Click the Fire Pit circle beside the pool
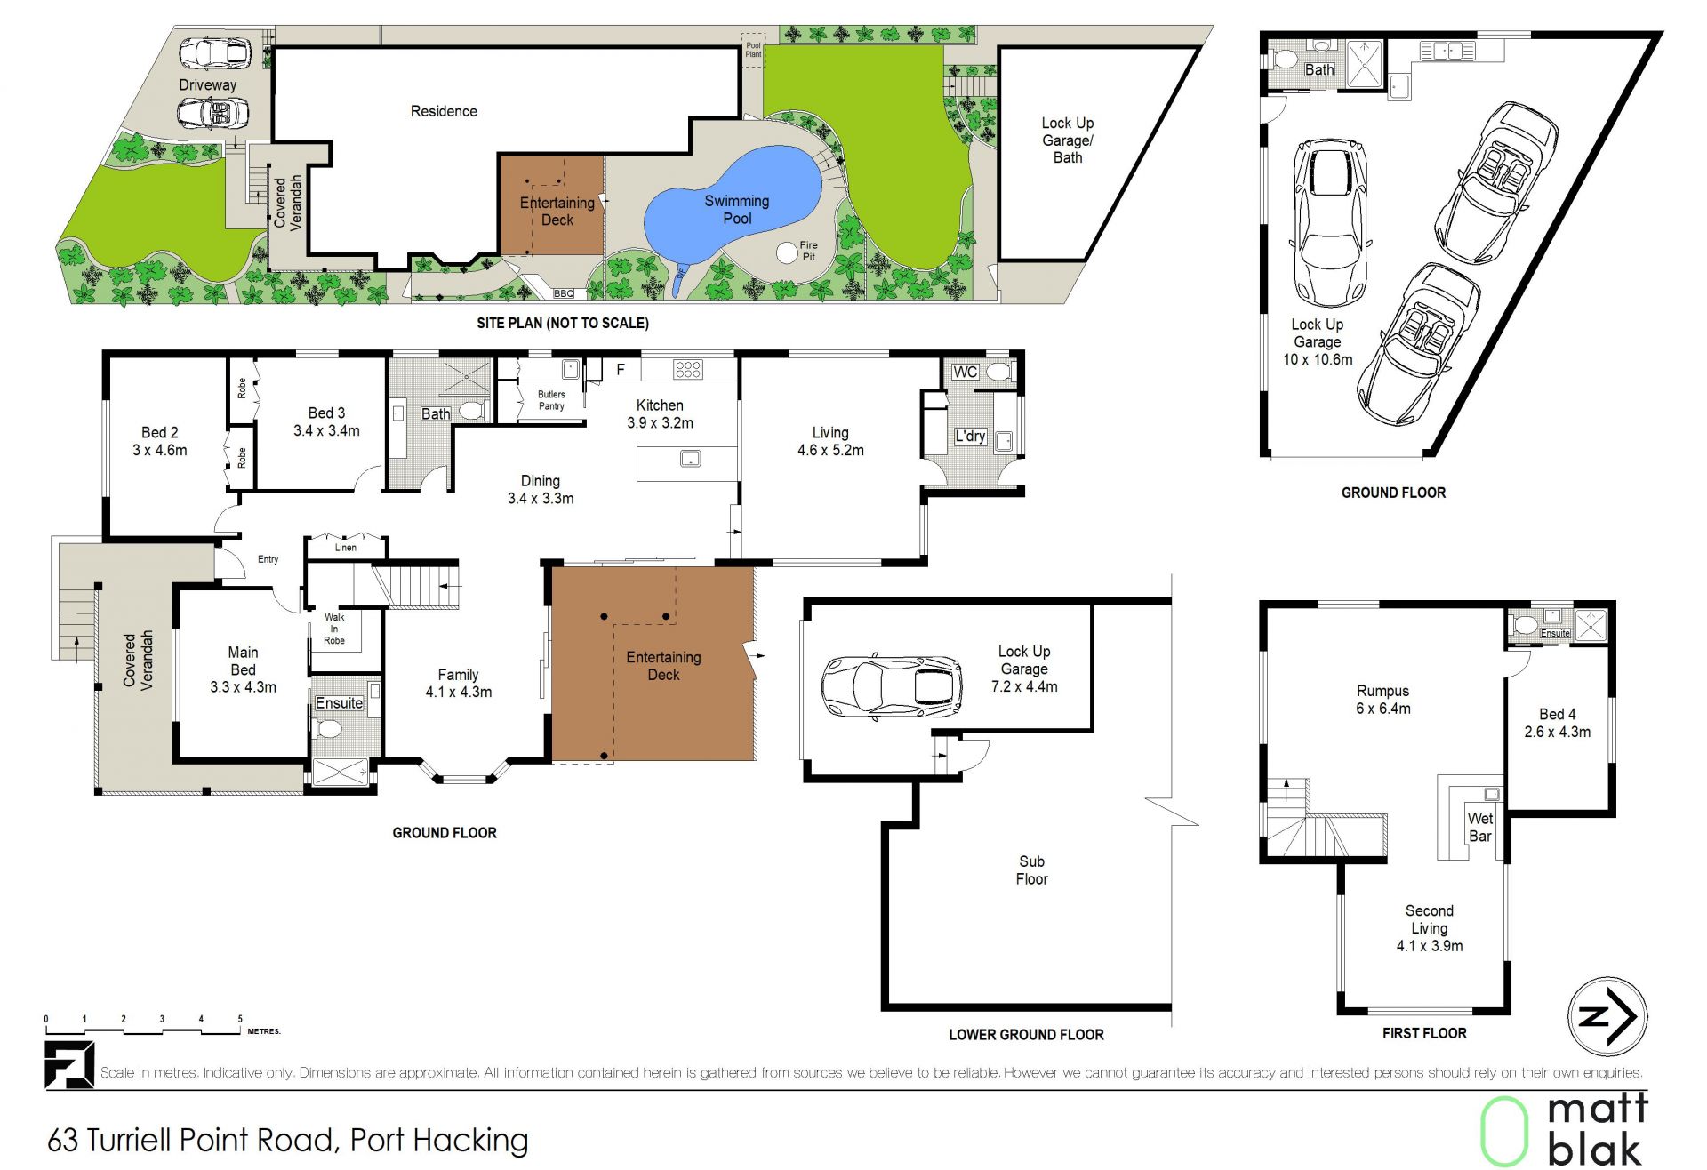(x=787, y=252)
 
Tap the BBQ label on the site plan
(x=564, y=293)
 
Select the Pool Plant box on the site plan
(x=753, y=50)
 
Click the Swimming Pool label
(x=737, y=210)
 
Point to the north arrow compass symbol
(x=1607, y=1016)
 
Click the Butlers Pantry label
(x=551, y=400)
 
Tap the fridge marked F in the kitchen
(x=621, y=369)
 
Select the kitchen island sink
(x=691, y=459)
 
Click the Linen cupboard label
(x=346, y=548)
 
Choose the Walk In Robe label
(x=334, y=629)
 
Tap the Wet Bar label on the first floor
(x=1480, y=827)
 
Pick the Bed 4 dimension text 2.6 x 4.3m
(x=1558, y=732)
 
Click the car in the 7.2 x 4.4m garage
(x=892, y=686)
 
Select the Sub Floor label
(x=1032, y=869)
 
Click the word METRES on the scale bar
(x=264, y=1031)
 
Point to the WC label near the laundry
(x=966, y=372)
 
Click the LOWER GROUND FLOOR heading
(x=1026, y=1034)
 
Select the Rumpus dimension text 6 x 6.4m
(x=1383, y=709)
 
